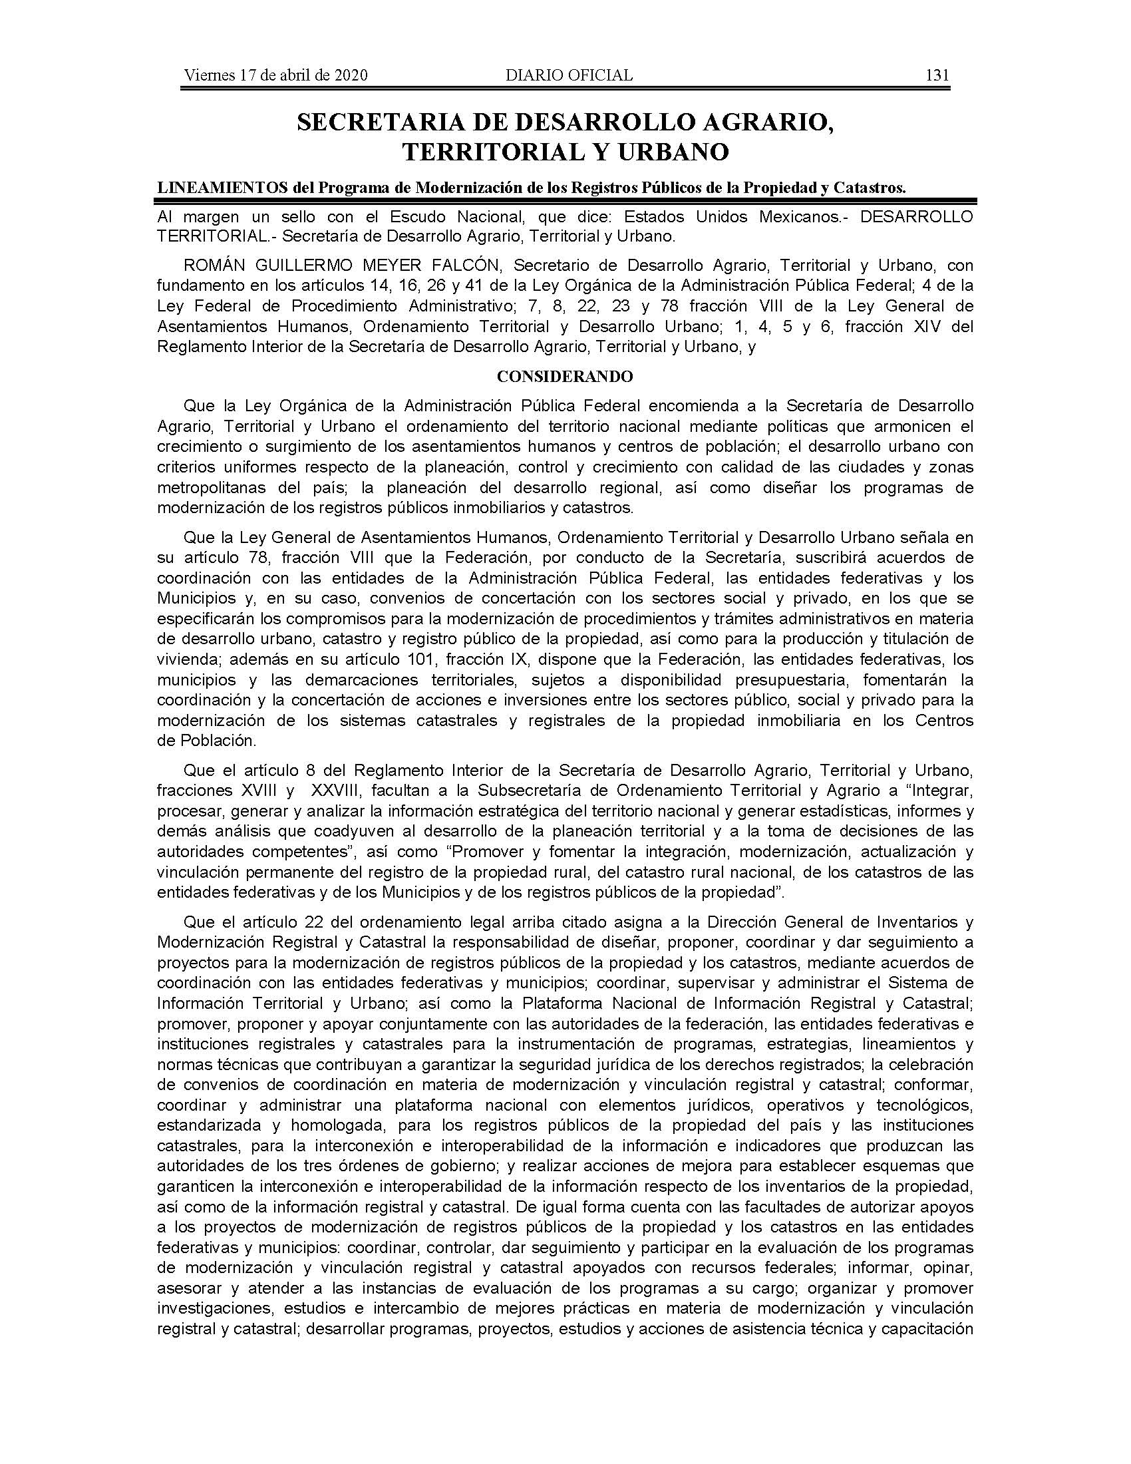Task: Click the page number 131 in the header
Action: (937, 75)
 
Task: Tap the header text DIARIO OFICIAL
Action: (569, 75)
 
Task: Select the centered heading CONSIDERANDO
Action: (565, 377)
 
